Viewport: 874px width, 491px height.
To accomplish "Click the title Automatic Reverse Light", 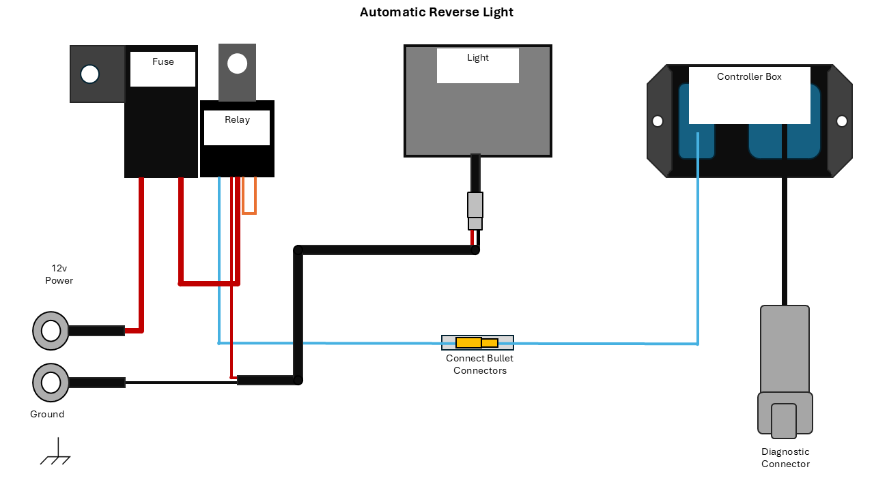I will point(436,12).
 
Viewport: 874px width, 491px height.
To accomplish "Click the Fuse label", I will point(163,62).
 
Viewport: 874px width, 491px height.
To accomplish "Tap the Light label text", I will point(478,58).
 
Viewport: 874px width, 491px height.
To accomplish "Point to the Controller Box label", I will point(749,77).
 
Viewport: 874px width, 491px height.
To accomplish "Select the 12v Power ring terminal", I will point(51,331).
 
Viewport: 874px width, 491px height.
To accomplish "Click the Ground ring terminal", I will point(51,383).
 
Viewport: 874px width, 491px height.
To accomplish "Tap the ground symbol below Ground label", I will point(56,454).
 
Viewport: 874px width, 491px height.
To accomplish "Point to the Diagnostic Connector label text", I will point(785,458).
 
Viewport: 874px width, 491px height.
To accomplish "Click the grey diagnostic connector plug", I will point(785,372).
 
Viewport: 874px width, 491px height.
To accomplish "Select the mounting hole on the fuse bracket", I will point(90,74).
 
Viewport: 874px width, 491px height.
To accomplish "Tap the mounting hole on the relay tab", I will point(237,63).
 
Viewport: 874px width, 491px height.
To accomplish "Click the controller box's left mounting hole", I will point(658,121).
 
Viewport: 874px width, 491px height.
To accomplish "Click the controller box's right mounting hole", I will point(842,121).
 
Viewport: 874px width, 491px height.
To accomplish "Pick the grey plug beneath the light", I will point(475,210).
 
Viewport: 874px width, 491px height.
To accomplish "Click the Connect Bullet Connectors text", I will point(479,364).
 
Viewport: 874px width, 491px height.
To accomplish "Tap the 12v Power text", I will point(59,274).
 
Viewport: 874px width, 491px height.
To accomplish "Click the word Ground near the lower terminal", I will point(47,415).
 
